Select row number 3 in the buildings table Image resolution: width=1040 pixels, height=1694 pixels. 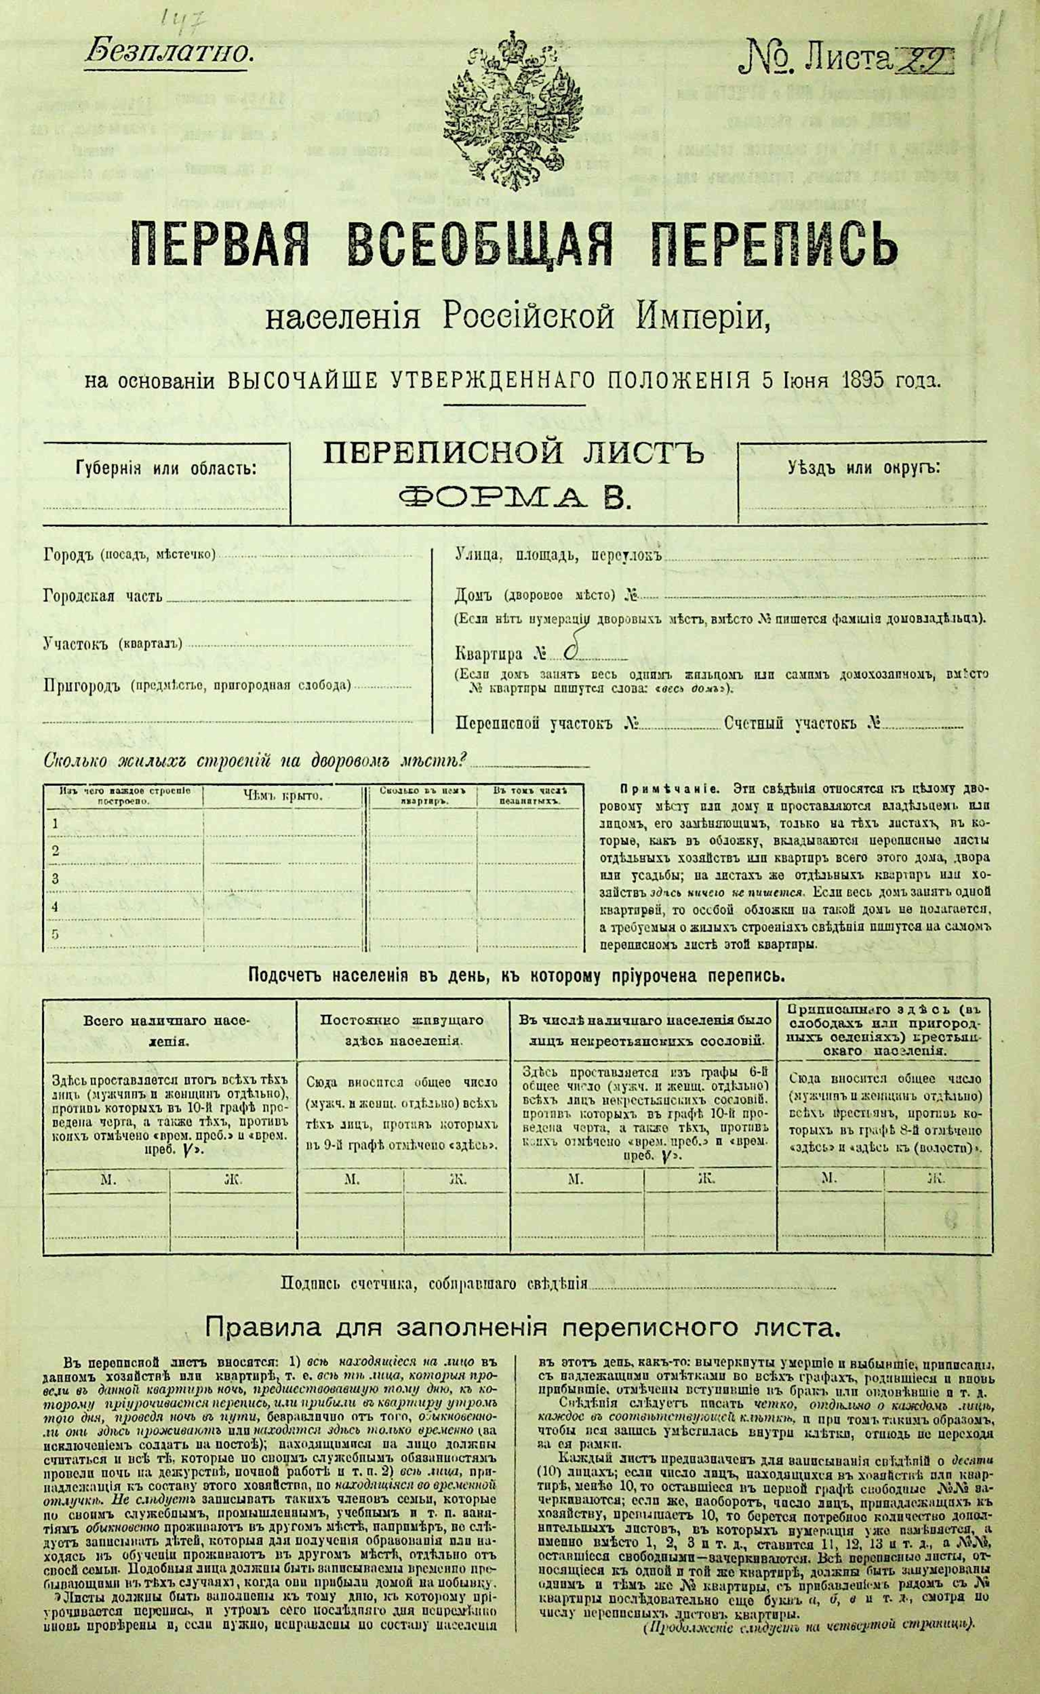[x=56, y=878]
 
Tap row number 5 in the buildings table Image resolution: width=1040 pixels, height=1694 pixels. [x=56, y=934]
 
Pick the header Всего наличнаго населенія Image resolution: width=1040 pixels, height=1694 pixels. [x=168, y=1030]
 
